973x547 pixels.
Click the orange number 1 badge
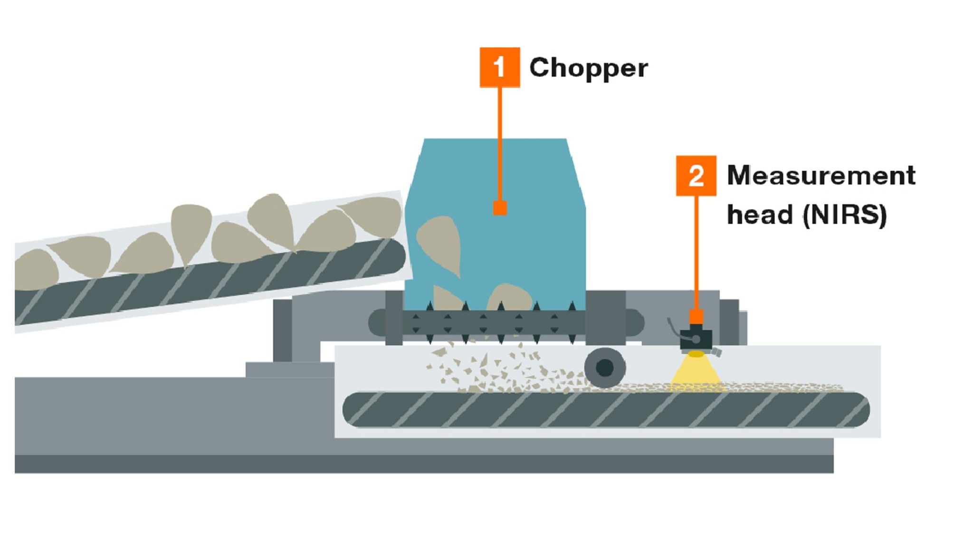(499, 67)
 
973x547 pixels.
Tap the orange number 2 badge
(696, 176)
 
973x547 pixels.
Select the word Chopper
(588, 68)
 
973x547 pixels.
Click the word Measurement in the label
(820, 176)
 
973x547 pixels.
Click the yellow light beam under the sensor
(696, 370)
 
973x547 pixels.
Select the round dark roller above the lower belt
(605, 367)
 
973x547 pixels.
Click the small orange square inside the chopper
(500, 208)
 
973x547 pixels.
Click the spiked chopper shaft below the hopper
(494, 323)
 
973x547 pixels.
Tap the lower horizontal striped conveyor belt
(606, 409)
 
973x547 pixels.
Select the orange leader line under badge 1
(500, 142)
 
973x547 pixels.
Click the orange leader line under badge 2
(696, 252)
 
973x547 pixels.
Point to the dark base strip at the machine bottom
(423, 464)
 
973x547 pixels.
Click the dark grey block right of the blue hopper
(605, 317)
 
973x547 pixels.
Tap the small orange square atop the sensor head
(696, 317)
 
